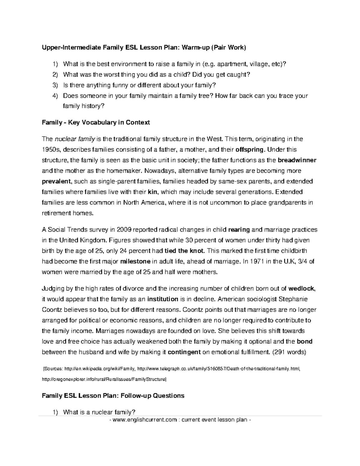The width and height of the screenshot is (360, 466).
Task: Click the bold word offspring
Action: pyautogui.click(x=250, y=149)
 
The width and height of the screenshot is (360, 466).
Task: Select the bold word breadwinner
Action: pyautogui.click(x=297, y=160)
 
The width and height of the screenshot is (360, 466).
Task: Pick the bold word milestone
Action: pyautogui.click(x=135, y=261)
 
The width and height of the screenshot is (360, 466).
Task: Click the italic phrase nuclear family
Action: pyautogui.click(x=74, y=139)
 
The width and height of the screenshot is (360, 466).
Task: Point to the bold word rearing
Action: pyautogui.click(x=239, y=230)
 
